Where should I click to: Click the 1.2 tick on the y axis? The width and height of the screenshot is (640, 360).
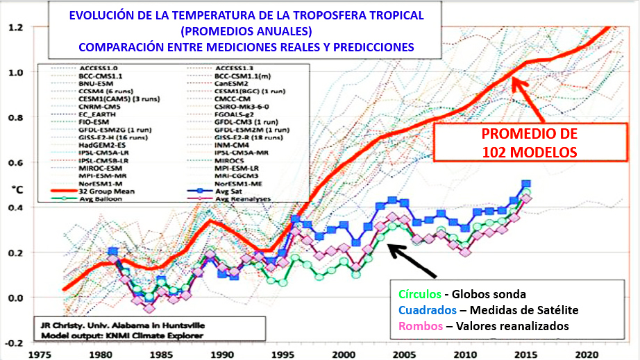tap(15, 27)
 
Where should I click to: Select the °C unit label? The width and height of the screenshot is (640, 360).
tap(15, 187)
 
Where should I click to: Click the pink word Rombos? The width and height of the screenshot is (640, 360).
tap(418, 326)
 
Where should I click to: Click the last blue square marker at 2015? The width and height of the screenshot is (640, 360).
tap(527, 185)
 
